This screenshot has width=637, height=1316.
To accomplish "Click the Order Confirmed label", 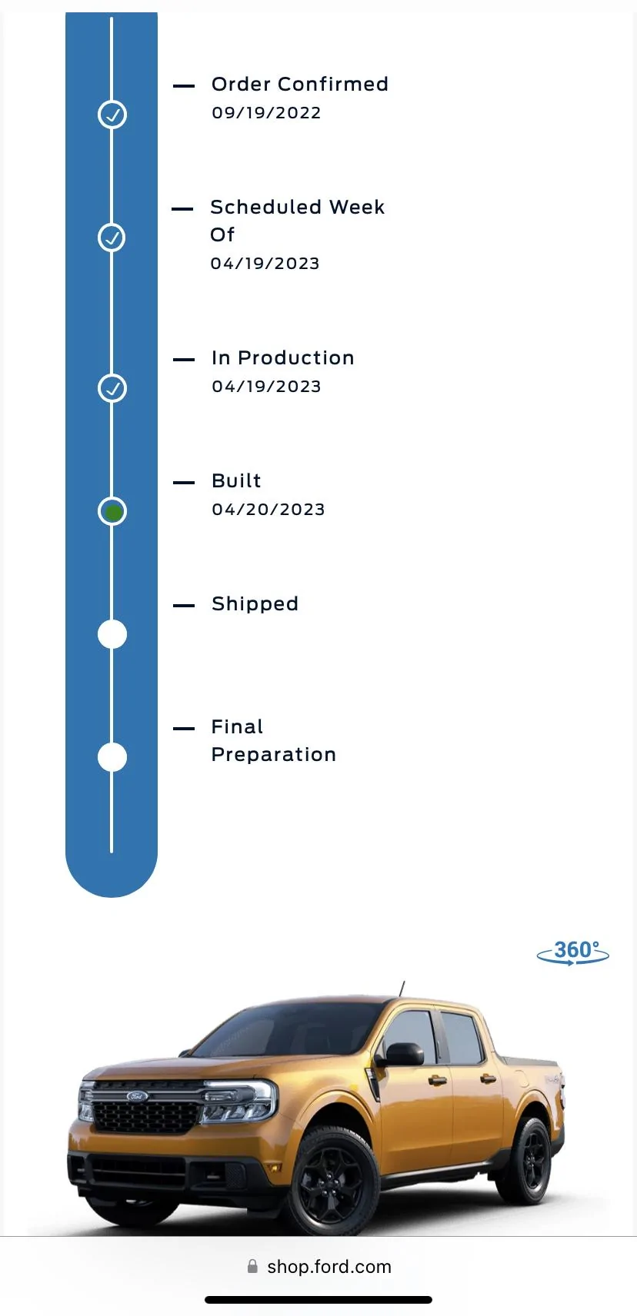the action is (300, 84).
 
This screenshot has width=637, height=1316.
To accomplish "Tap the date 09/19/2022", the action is (266, 113).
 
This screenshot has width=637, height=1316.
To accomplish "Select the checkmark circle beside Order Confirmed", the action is (112, 115).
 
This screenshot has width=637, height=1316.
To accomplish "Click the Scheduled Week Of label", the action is (297, 221).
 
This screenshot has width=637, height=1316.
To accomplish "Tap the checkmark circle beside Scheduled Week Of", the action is (112, 238).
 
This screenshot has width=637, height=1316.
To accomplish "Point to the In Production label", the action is (283, 357).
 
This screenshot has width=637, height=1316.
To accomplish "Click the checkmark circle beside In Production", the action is (112, 388).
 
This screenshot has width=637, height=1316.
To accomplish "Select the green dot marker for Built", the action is (112, 512).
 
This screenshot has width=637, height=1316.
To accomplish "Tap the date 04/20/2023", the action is (268, 510).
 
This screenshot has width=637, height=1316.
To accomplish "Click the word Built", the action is (236, 480).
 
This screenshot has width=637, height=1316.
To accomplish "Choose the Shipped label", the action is (255, 604).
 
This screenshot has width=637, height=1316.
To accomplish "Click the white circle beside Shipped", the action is (112, 634).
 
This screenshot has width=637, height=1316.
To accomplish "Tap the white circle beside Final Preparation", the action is (112, 757).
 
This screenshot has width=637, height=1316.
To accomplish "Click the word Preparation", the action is (274, 755).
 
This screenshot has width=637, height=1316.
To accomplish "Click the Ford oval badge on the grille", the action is (138, 1096).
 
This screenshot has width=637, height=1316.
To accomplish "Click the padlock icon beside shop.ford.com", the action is (252, 1266).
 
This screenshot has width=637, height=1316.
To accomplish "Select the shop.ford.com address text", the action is (329, 1267).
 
